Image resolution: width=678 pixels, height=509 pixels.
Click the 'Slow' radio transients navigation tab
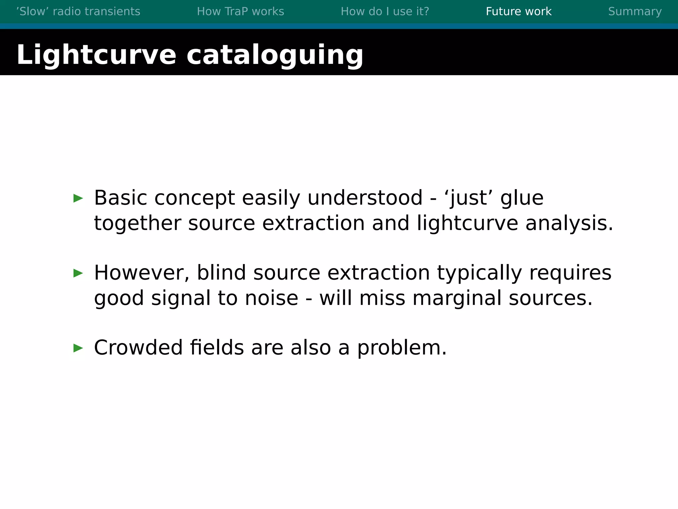click(x=78, y=12)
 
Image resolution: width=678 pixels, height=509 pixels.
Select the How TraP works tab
click(x=240, y=12)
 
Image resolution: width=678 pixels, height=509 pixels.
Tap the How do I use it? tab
click(x=385, y=12)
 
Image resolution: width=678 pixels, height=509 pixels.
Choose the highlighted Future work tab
click(x=518, y=12)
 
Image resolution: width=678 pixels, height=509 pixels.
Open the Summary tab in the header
click(x=635, y=12)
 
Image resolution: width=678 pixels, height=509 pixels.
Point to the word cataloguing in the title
click(x=275, y=55)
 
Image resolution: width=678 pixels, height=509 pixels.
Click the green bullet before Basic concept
click(x=78, y=198)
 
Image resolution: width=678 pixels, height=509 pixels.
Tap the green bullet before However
click(x=78, y=273)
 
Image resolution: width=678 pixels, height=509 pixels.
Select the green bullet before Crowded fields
click(x=78, y=348)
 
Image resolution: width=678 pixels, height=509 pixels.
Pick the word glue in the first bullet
click(x=522, y=198)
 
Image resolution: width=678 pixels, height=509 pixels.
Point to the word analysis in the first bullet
click(x=569, y=223)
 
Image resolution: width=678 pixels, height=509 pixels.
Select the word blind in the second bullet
click(x=221, y=273)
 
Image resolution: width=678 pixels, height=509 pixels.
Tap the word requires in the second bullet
click(x=570, y=273)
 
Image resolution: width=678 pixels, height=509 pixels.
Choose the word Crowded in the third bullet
click(x=138, y=348)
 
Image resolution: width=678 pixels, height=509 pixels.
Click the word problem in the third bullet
click(x=402, y=348)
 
